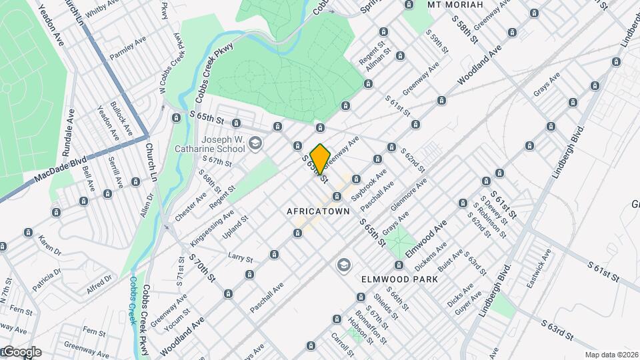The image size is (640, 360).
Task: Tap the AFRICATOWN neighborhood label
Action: point(318,211)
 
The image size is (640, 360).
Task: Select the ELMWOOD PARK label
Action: point(400,279)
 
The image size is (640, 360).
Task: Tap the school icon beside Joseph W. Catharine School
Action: point(255,143)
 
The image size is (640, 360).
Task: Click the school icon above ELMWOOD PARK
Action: point(343,265)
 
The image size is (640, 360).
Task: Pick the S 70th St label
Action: point(202,265)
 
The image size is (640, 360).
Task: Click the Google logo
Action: point(21,351)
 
